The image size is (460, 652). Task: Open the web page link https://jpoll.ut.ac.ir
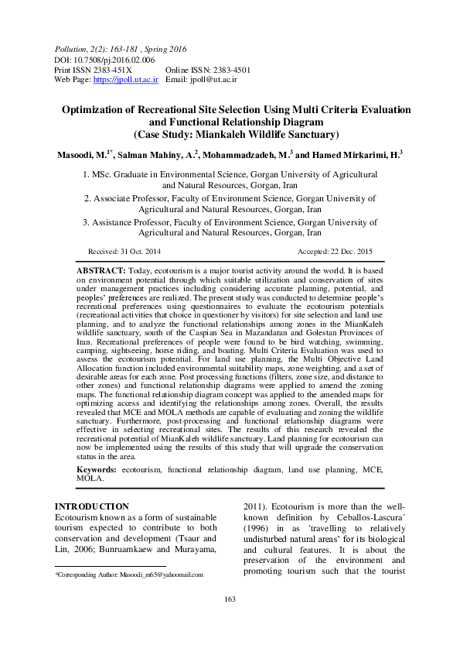coord(125,79)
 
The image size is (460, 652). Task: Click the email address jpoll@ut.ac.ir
coord(213,79)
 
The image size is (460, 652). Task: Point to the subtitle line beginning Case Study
coord(230,134)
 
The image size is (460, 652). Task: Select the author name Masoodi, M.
coord(85,156)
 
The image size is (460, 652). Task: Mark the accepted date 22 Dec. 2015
coord(346,252)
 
